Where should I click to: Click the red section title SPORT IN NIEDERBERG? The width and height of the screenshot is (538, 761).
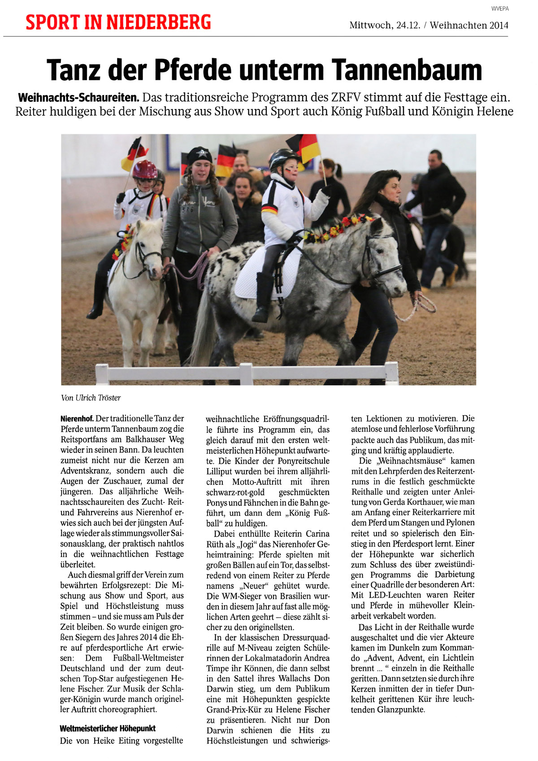tap(118, 22)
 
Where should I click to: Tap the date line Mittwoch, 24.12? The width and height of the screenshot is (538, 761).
tap(385, 26)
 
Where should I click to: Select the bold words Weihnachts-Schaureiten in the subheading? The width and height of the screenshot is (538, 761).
tap(78, 97)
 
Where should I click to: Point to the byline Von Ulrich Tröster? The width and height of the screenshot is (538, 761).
tap(91, 398)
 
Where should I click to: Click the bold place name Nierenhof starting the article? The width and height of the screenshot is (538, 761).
tap(77, 419)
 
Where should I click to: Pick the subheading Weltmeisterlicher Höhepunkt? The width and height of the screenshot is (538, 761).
tap(108, 729)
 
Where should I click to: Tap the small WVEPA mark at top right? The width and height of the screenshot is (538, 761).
tap(500, 9)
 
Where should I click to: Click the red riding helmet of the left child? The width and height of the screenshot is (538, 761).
tap(144, 170)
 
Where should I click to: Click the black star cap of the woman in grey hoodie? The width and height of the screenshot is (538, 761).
tap(200, 155)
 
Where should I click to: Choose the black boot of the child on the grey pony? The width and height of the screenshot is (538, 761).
tap(263, 298)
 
